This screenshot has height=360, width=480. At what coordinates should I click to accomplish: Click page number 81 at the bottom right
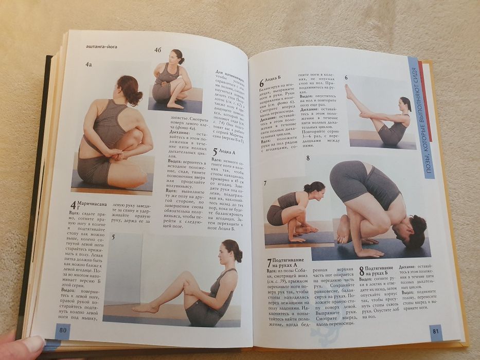435,331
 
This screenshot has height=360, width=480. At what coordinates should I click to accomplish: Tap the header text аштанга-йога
102,47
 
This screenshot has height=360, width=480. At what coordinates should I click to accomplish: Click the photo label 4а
88,65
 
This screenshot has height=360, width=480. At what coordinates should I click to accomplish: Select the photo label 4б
158,50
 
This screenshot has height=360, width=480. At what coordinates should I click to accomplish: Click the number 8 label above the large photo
308,158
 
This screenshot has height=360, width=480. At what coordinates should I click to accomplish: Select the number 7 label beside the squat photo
264,184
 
